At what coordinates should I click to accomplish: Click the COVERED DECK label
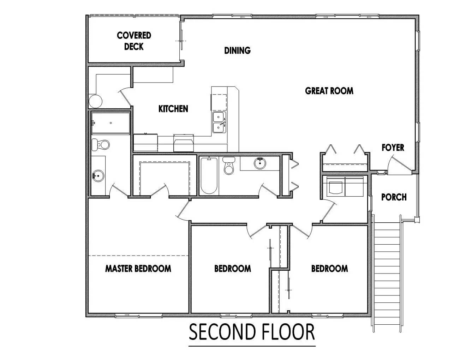tap(134, 41)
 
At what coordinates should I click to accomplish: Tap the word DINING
tap(237, 50)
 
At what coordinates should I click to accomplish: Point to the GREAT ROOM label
tap(329, 91)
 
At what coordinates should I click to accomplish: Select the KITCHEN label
tap(173, 109)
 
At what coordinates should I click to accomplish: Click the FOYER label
tap(393, 148)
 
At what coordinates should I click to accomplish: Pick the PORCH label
tap(394, 197)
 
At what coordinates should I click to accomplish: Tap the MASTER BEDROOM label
tap(138, 269)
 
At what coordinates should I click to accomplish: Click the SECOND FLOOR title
tap(252, 332)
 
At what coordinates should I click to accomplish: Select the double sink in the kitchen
tap(219, 122)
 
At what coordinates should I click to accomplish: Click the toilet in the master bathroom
tap(101, 144)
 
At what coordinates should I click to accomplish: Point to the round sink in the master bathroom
tap(98, 176)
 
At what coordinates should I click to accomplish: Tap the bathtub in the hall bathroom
tap(209, 175)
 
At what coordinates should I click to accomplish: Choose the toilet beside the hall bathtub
tap(229, 166)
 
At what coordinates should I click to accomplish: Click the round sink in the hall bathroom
tap(260, 163)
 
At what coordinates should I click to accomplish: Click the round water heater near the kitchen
tap(95, 101)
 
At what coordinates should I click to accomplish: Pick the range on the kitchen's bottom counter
tap(184, 143)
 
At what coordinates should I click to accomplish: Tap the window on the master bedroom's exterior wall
tap(138, 316)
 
